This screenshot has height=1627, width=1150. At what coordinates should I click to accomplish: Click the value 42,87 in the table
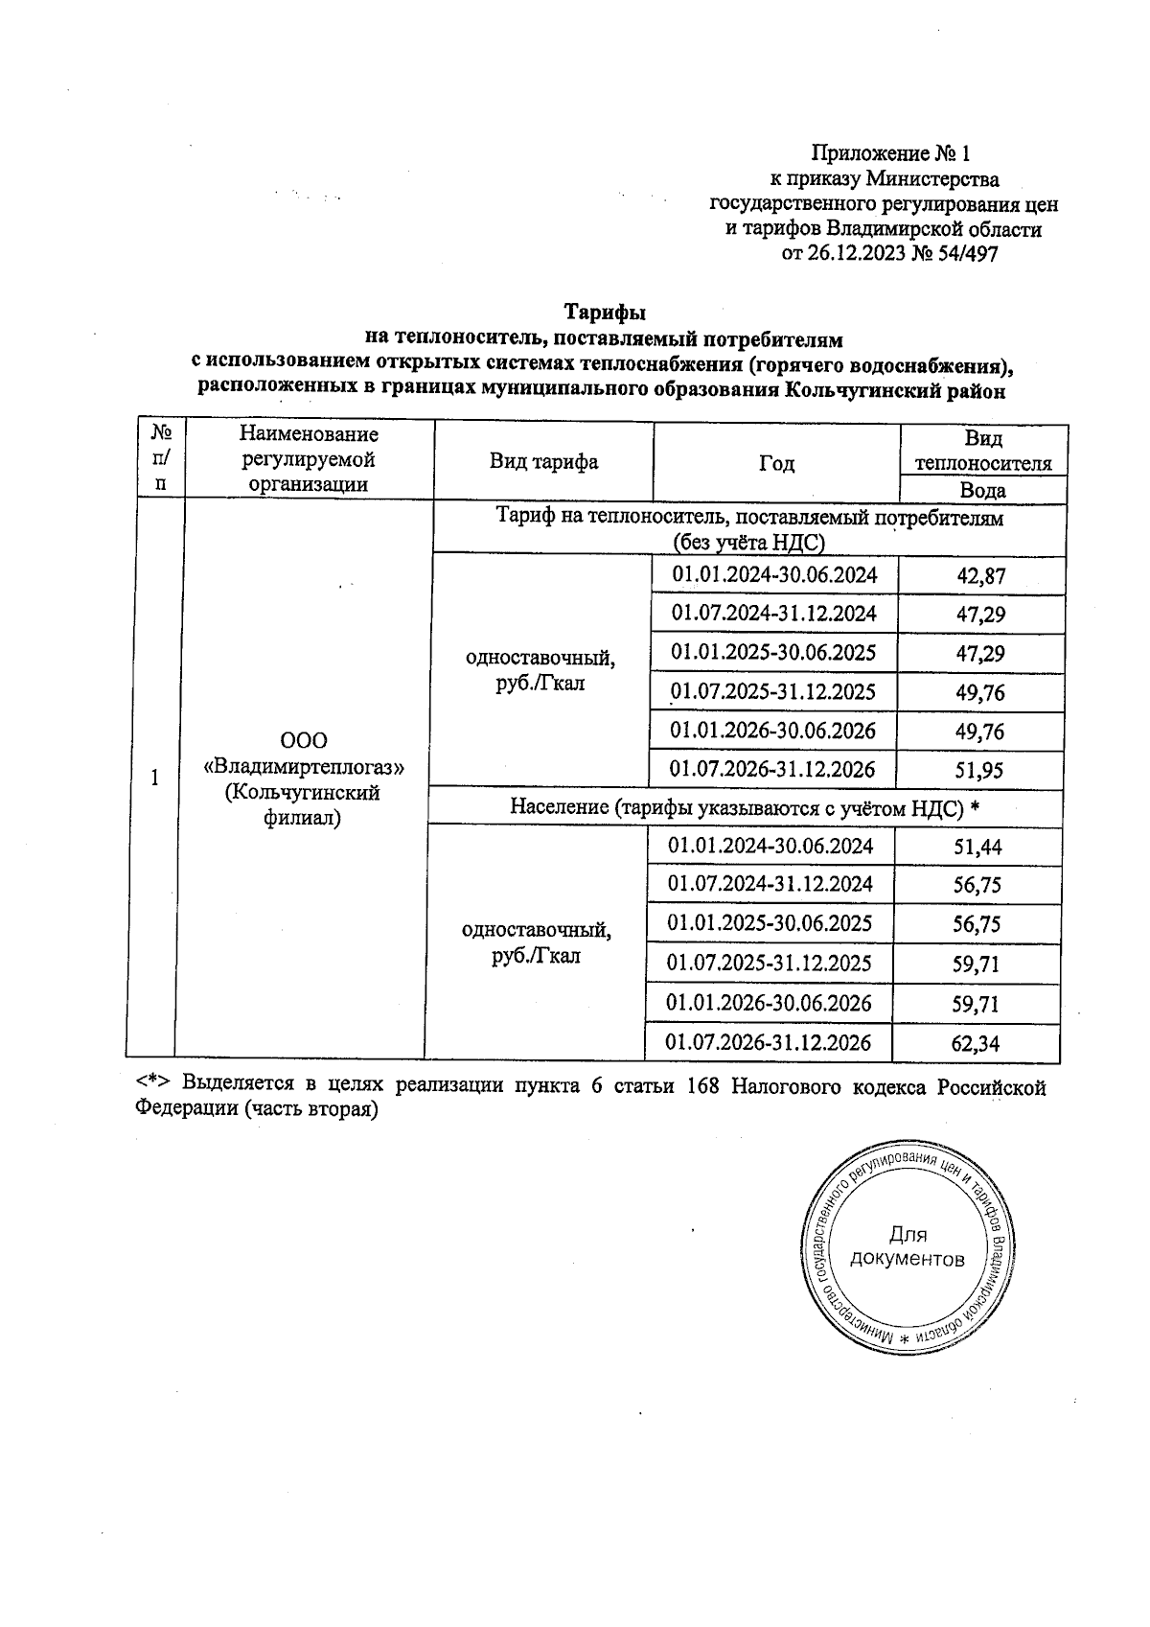(981, 576)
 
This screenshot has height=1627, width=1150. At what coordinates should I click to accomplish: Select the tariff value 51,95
(981, 770)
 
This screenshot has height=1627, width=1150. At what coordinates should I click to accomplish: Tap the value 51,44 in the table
(977, 847)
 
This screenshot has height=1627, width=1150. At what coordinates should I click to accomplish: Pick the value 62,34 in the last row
(976, 1044)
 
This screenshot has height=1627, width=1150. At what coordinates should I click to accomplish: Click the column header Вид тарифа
(543, 462)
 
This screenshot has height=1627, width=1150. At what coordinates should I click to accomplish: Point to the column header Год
(776, 464)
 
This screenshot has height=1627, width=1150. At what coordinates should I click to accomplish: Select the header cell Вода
(982, 491)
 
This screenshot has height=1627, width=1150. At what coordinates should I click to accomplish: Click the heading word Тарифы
(604, 313)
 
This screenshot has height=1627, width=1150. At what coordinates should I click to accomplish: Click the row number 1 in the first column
(154, 778)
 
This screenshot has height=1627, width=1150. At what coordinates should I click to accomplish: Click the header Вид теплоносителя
(983, 452)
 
